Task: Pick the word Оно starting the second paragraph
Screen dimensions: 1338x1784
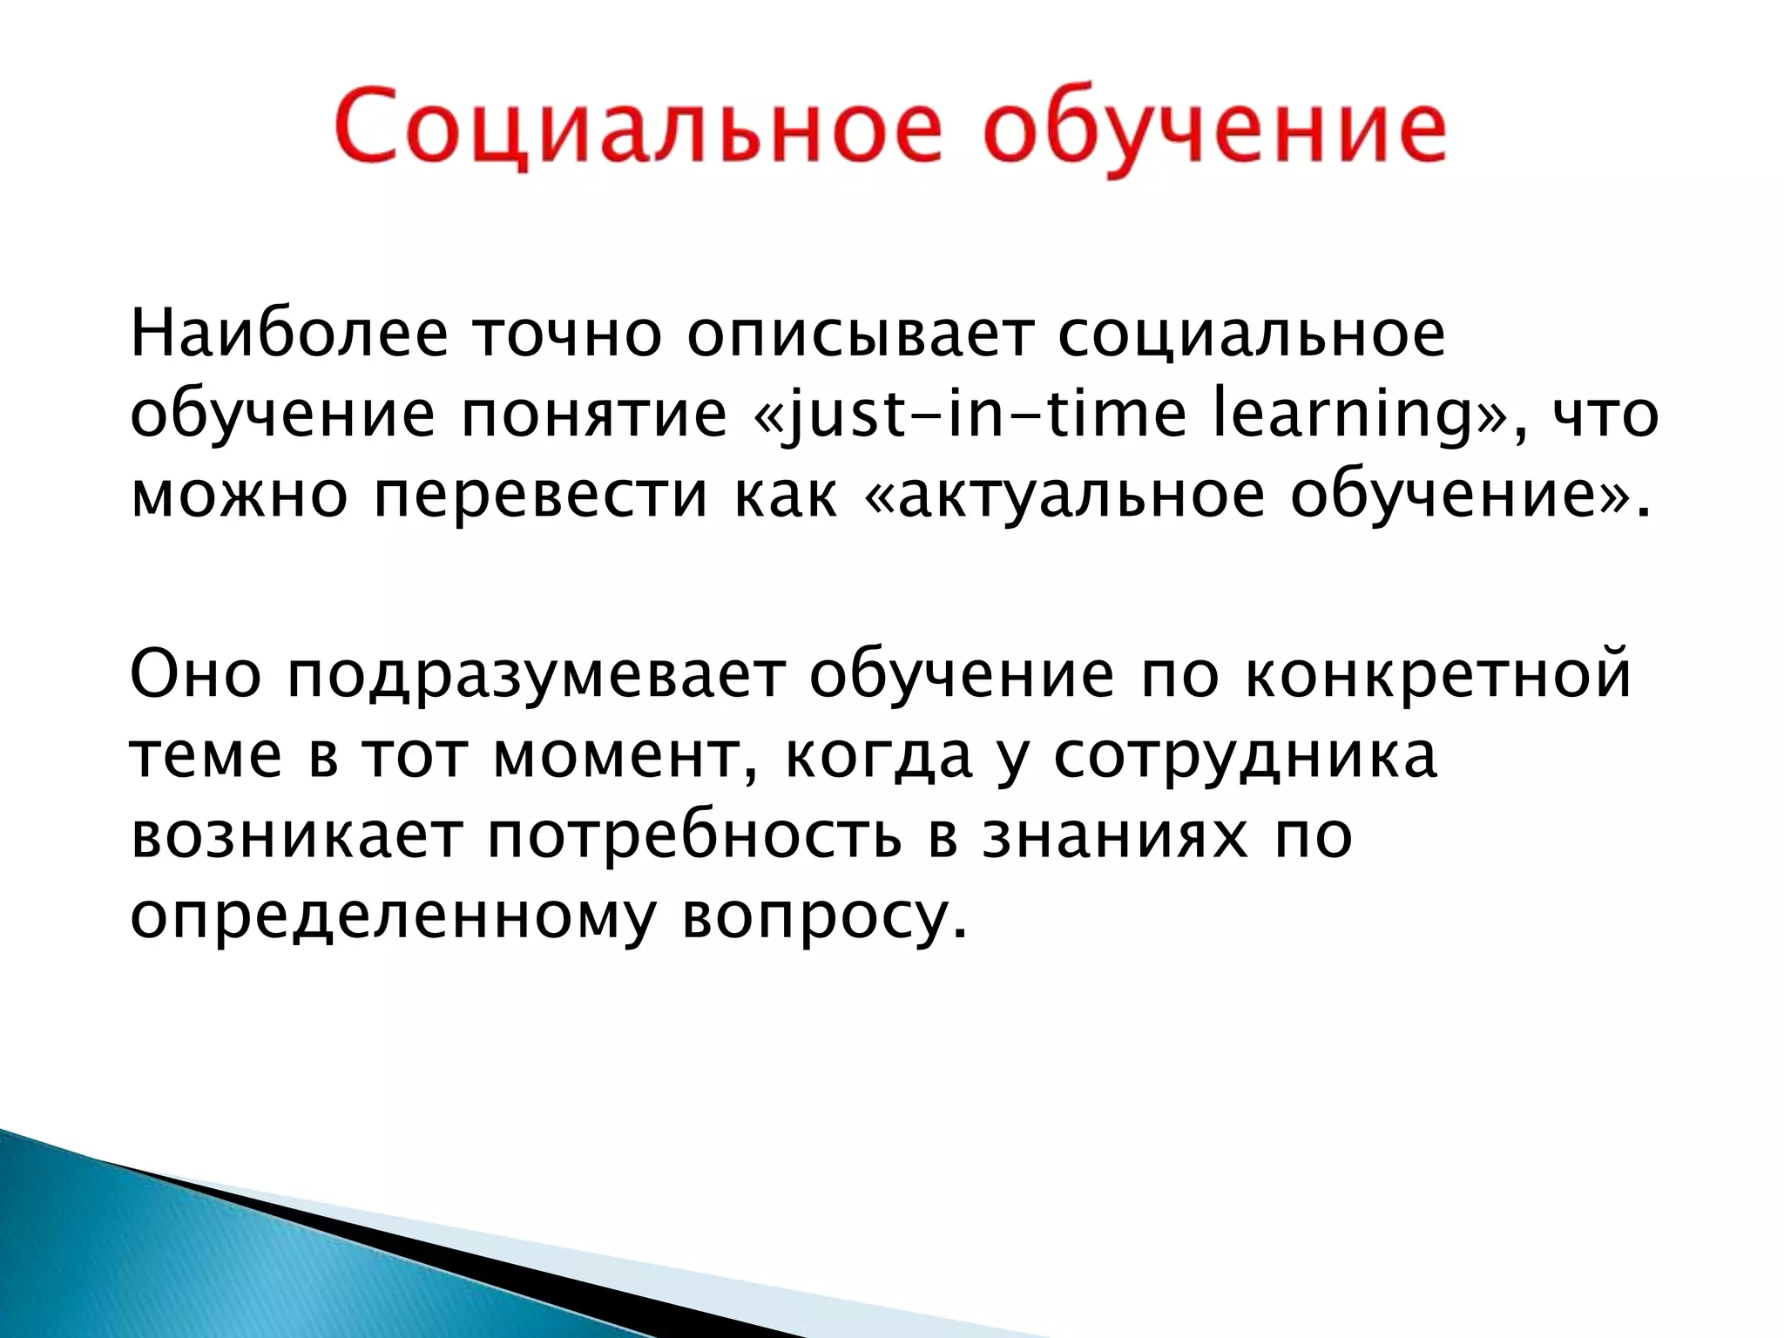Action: [x=196, y=674]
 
